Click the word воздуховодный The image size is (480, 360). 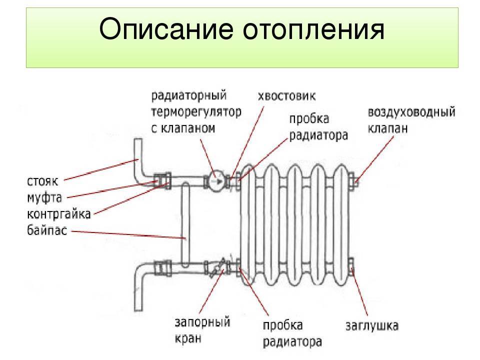[411, 111]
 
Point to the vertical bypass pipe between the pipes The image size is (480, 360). [184, 225]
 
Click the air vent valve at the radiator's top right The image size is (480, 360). [352, 180]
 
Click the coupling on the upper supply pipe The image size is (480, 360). [163, 179]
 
